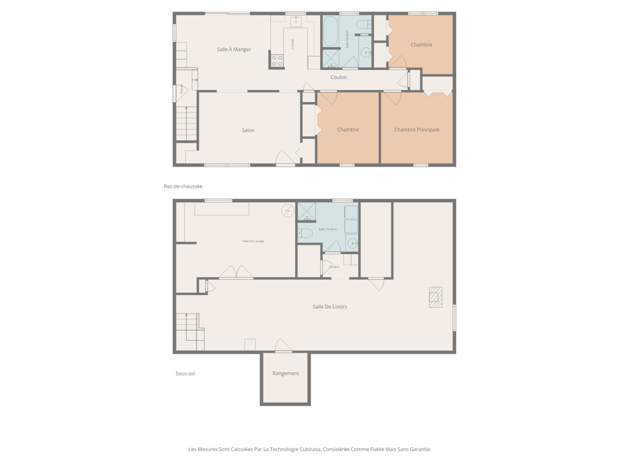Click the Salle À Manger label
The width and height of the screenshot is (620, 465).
click(x=234, y=49)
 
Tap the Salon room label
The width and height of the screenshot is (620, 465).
click(x=248, y=130)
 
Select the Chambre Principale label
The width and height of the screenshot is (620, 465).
click(x=417, y=129)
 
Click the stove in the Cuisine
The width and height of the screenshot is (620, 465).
click(x=277, y=61)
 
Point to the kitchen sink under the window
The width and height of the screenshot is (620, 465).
click(x=296, y=22)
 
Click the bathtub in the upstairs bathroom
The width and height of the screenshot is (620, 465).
click(x=330, y=31)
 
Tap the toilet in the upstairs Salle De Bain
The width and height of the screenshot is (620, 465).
click(x=366, y=24)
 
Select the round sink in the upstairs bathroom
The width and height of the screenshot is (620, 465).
click(x=366, y=52)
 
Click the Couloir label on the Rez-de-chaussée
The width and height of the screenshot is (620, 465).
click(x=339, y=77)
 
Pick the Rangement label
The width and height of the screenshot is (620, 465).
click(x=286, y=373)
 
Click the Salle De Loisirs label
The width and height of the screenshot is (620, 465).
click(x=330, y=306)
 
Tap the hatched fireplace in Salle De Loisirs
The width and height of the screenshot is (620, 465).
click(x=435, y=297)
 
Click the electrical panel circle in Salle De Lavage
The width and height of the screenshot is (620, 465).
click(x=288, y=211)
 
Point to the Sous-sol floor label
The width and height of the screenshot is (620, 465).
click(x=185, y=374)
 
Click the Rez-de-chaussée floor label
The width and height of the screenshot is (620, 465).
click(x=183, y=186)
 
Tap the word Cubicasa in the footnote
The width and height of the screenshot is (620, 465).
click(x=310, y=449)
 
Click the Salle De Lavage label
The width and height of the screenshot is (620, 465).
click(x=253, y=241)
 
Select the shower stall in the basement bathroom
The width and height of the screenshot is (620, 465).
click(x=306, y=212)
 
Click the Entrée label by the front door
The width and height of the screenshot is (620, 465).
click(x=181, y=88)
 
